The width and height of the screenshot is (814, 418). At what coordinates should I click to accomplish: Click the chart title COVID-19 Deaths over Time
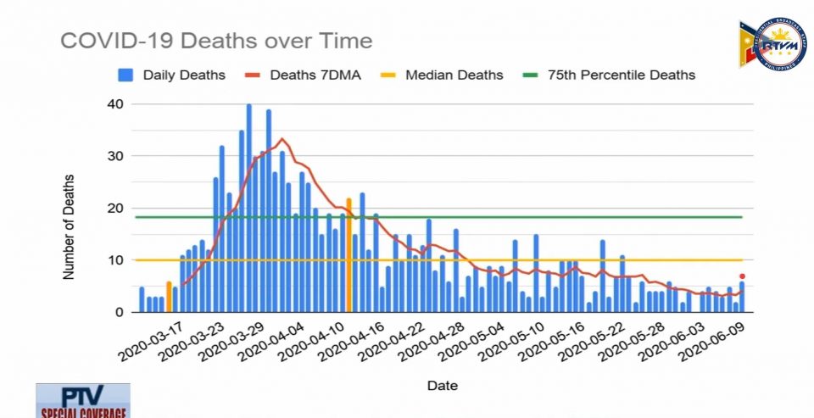(x=215, y=41)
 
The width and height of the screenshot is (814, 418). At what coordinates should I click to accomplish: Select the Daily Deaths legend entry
(x=173, y=75)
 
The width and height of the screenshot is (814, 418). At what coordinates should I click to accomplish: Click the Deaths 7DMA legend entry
(x=304, y=75)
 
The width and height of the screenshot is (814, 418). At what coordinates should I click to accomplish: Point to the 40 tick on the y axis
(x=114, y=104)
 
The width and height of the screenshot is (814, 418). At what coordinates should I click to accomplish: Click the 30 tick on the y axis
(x=114, y=156)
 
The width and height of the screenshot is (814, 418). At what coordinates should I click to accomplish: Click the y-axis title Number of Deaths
(x=69, y=226)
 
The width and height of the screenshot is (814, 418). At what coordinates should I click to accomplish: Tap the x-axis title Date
(x=442, y=386)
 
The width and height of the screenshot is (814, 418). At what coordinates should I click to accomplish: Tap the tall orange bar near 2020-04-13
(x=348, y=254)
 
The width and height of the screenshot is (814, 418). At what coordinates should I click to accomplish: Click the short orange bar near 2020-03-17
(x=169, y=297)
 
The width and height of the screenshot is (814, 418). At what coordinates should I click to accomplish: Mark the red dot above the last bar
(x=742, y=276)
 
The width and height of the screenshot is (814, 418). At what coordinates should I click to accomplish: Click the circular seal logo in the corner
(x=772, y=45)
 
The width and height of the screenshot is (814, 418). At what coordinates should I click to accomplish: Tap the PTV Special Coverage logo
(x=83, y=401)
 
